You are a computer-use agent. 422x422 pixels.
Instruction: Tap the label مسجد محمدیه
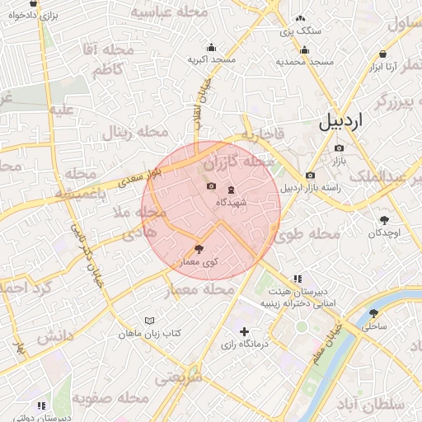304,62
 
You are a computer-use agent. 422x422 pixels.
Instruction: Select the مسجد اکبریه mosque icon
211,47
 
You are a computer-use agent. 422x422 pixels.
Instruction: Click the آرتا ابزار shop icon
382,54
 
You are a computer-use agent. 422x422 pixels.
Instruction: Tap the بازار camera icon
339,148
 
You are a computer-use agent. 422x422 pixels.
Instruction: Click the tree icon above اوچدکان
384,220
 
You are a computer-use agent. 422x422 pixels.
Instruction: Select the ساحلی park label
375,326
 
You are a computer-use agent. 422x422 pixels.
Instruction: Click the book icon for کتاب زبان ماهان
149,321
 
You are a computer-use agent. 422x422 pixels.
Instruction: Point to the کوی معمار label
198,261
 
